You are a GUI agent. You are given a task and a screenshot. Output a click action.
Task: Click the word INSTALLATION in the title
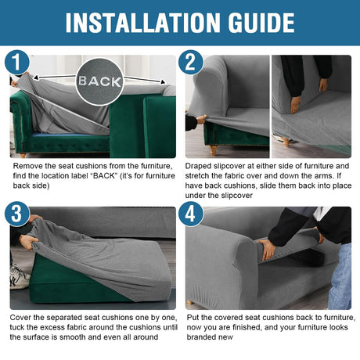coord(143,23)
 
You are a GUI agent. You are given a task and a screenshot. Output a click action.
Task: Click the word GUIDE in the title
coord(261,23)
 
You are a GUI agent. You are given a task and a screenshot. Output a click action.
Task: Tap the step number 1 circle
coord(17,63)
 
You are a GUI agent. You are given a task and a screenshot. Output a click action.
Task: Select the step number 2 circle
coord(191,63)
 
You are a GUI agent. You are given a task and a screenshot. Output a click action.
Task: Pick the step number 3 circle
coord(17,214)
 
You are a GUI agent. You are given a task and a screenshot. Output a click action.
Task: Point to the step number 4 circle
coord(191,214)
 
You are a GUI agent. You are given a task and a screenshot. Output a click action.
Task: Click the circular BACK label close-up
coord(99,81)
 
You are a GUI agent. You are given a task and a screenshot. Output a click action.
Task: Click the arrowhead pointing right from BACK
coord(163,82)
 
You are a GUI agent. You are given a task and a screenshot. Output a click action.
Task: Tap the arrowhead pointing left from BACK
coord(36,77)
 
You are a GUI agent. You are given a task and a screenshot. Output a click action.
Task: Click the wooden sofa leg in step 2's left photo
coord(214,150)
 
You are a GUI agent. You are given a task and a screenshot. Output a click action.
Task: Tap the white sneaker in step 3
coord(20,278)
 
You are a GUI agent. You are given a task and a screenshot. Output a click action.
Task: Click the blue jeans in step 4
coord(340,276)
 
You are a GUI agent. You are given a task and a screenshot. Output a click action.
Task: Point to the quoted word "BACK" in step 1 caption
coord(104,176)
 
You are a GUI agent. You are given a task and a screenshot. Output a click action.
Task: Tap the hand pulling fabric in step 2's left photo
coord(201,120)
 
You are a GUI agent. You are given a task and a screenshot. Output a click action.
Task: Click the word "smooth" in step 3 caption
coord(72,337)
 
